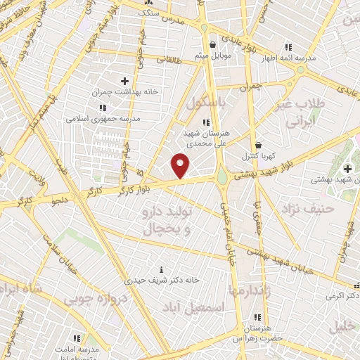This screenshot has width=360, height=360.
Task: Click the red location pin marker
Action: coord(181,165)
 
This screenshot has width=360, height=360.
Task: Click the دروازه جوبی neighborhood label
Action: coord(96,299)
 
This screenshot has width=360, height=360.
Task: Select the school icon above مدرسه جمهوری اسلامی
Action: coord(103,108)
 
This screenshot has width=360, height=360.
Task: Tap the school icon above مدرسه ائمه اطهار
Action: coord(288,47)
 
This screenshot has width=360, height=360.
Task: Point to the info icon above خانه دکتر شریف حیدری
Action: coord(162,269)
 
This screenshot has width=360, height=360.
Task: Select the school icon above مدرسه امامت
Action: coord(76,338)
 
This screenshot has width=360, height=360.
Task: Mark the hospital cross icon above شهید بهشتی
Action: coord(347,169)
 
